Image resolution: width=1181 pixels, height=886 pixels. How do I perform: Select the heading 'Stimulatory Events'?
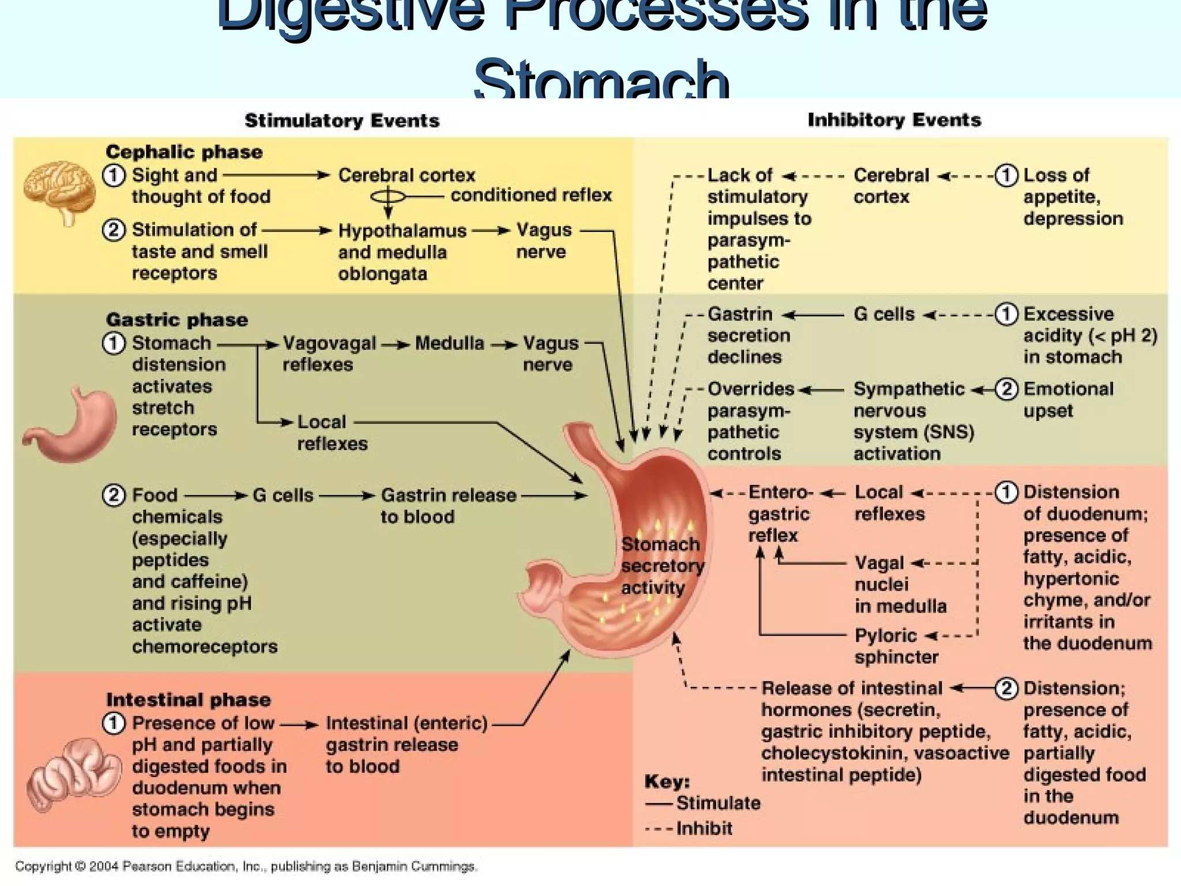point(342,121)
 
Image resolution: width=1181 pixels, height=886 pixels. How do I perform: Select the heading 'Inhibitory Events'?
point(894,120)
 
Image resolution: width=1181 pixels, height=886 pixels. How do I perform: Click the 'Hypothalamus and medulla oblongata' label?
point(401,252)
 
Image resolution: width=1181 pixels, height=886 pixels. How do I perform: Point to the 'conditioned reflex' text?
point(531,196)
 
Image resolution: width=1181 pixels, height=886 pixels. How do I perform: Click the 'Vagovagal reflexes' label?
point(328,354)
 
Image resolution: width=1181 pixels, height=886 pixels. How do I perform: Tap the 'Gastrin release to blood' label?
point(448,505)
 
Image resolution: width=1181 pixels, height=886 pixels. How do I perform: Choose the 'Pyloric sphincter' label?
point(896,646)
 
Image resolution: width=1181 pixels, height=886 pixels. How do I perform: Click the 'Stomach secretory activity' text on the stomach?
point(661,565)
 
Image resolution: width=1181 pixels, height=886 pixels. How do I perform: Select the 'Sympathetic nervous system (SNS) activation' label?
point(913,421)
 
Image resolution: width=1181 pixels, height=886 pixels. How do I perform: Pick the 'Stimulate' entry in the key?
point(717,803)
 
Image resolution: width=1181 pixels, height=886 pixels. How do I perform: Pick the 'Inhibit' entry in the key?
point(704,828)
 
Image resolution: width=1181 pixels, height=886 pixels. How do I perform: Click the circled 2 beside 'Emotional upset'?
point(1006,389)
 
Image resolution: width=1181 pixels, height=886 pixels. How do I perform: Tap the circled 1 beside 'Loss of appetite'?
point(1006,175)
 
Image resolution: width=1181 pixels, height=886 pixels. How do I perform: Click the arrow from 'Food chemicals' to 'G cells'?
point(216,495)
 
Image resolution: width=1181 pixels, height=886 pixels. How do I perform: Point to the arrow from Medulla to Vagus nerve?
point(504,345)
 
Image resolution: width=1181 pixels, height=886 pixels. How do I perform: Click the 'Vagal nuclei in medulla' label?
point(900,584)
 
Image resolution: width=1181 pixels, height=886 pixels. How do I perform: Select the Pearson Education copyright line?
point(246,866)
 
